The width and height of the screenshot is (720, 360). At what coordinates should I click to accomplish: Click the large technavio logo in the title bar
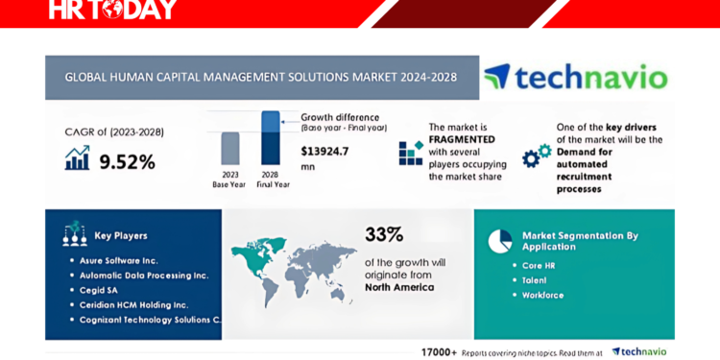pyautogui.click(x=575, y=77)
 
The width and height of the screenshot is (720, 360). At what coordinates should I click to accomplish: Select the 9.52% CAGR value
pyautogui.click(x=127, y=161)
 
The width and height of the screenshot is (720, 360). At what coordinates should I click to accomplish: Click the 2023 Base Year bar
pyautogui.click(x=230, y=149)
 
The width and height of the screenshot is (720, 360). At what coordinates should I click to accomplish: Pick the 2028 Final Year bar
pyautogui.click(x=271, y=138)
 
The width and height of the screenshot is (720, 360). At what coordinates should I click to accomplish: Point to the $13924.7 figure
pyautogui.click(x=325, y=151)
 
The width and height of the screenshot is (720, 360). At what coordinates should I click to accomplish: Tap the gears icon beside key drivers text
pyautogui.click(x=536, y=156)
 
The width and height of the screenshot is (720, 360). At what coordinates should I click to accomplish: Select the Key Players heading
pyautogui.click(x=121, y=235)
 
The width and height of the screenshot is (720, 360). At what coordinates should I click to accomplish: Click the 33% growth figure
pyautogui.click(x=384, y=234)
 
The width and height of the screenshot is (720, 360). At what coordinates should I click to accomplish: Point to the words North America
pyautogui.click(x=398, y=287)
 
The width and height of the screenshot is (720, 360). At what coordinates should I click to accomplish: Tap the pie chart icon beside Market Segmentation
pyautogui.click(x=499, y=240)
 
